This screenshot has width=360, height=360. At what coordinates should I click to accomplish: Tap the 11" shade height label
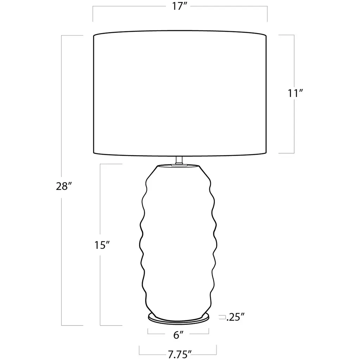click(295, 93)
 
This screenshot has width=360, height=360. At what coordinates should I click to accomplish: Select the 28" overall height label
click(63, 186)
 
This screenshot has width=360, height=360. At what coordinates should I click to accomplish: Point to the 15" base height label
click(101, 245)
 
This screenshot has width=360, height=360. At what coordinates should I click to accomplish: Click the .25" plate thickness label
click(235, 317)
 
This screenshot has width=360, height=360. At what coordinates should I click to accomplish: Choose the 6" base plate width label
click(178, 335)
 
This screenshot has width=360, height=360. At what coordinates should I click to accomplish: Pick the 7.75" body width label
click(180, 354)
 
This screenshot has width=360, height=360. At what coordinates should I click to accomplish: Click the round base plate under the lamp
click(179, 320)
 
